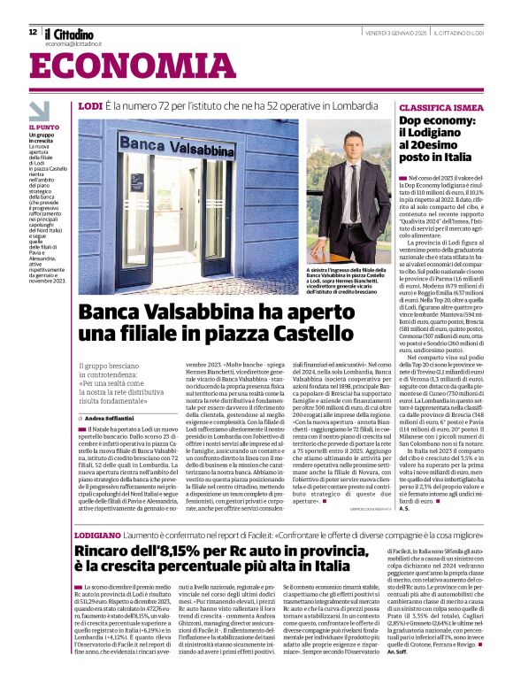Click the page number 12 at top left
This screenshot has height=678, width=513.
click(33, 31)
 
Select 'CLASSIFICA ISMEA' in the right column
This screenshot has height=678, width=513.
click(435, 105)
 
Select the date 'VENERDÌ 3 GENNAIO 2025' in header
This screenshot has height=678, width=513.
click(395, 33)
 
